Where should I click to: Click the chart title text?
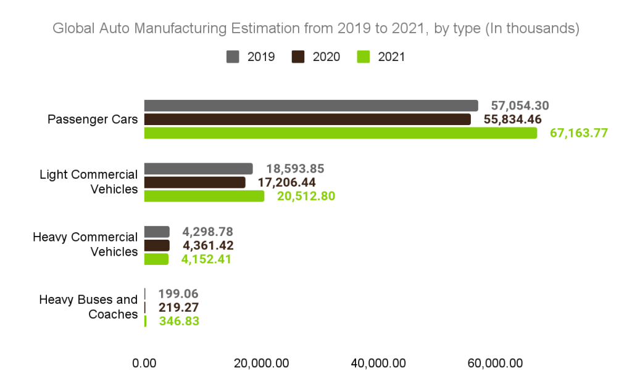point(315,28)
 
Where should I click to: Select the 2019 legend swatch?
point(233,57)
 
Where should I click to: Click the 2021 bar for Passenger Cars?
point(340,133)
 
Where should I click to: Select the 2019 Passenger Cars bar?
point(310,105)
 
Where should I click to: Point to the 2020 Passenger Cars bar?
point(307,120)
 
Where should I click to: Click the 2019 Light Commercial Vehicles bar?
point(198,169)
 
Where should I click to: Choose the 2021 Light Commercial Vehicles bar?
point(204,196)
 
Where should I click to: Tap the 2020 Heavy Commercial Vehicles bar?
point(156,246)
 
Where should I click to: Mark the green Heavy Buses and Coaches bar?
point(145,321)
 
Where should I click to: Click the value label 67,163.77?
point(579,134)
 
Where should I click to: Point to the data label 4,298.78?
point(207,232)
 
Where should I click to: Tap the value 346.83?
point(179,321)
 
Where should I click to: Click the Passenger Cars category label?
point(93,120)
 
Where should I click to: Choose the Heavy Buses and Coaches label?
point(88,307)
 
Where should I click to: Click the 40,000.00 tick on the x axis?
point(378,364)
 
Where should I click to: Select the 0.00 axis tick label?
point(144,364)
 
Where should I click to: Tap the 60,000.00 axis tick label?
point(495,364)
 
